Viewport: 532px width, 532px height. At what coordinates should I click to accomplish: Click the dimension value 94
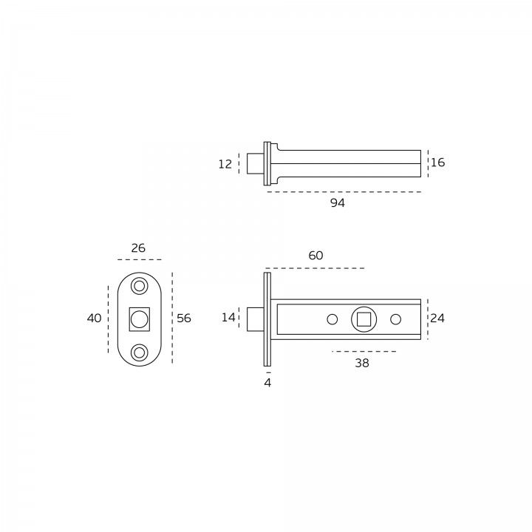pyautogui.click(x=338, y=203)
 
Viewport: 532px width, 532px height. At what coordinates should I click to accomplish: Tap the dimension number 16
pyautogui.click(x=437, y=163)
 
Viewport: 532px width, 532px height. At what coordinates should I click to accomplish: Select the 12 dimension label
pyautogui.click(x=225, y=164)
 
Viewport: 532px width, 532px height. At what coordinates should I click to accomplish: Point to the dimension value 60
pyautogui.click(x=316, y=256)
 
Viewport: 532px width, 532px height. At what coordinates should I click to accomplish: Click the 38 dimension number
pyautogui.click(x=361, y=363)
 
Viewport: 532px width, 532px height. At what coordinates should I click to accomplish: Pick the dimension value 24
pyautogui.click(x=437, y=318)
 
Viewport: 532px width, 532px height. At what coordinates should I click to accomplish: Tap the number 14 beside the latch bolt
pyautogui.click(x=228, y=318)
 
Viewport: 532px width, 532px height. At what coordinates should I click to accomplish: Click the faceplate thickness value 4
pyautogui.click(x=267, y=383)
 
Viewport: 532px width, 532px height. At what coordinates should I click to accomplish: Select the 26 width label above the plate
pyautogui.click(x=138, y=248)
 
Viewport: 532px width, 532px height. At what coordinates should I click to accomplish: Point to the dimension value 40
pyautogui.click(x=94, y=318)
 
